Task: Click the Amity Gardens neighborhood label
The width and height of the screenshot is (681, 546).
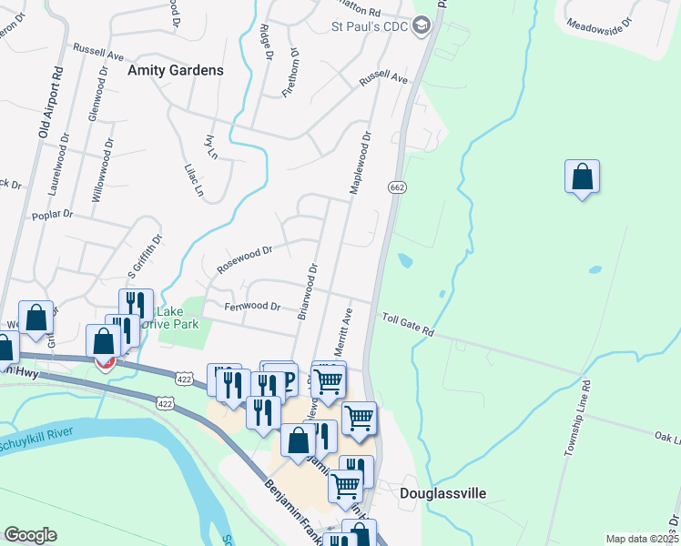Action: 176,70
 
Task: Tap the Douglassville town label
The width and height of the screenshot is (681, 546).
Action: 442,493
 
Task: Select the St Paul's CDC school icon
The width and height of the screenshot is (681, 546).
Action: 420,26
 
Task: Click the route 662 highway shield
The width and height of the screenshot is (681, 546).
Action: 396,187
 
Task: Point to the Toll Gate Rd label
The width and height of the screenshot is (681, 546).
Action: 408,325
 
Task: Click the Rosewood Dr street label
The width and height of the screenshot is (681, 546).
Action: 244,258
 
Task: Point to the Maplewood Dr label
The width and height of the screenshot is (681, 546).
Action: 361,164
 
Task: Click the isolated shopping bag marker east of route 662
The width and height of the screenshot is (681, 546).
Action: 582,177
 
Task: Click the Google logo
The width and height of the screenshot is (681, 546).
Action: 30,535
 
